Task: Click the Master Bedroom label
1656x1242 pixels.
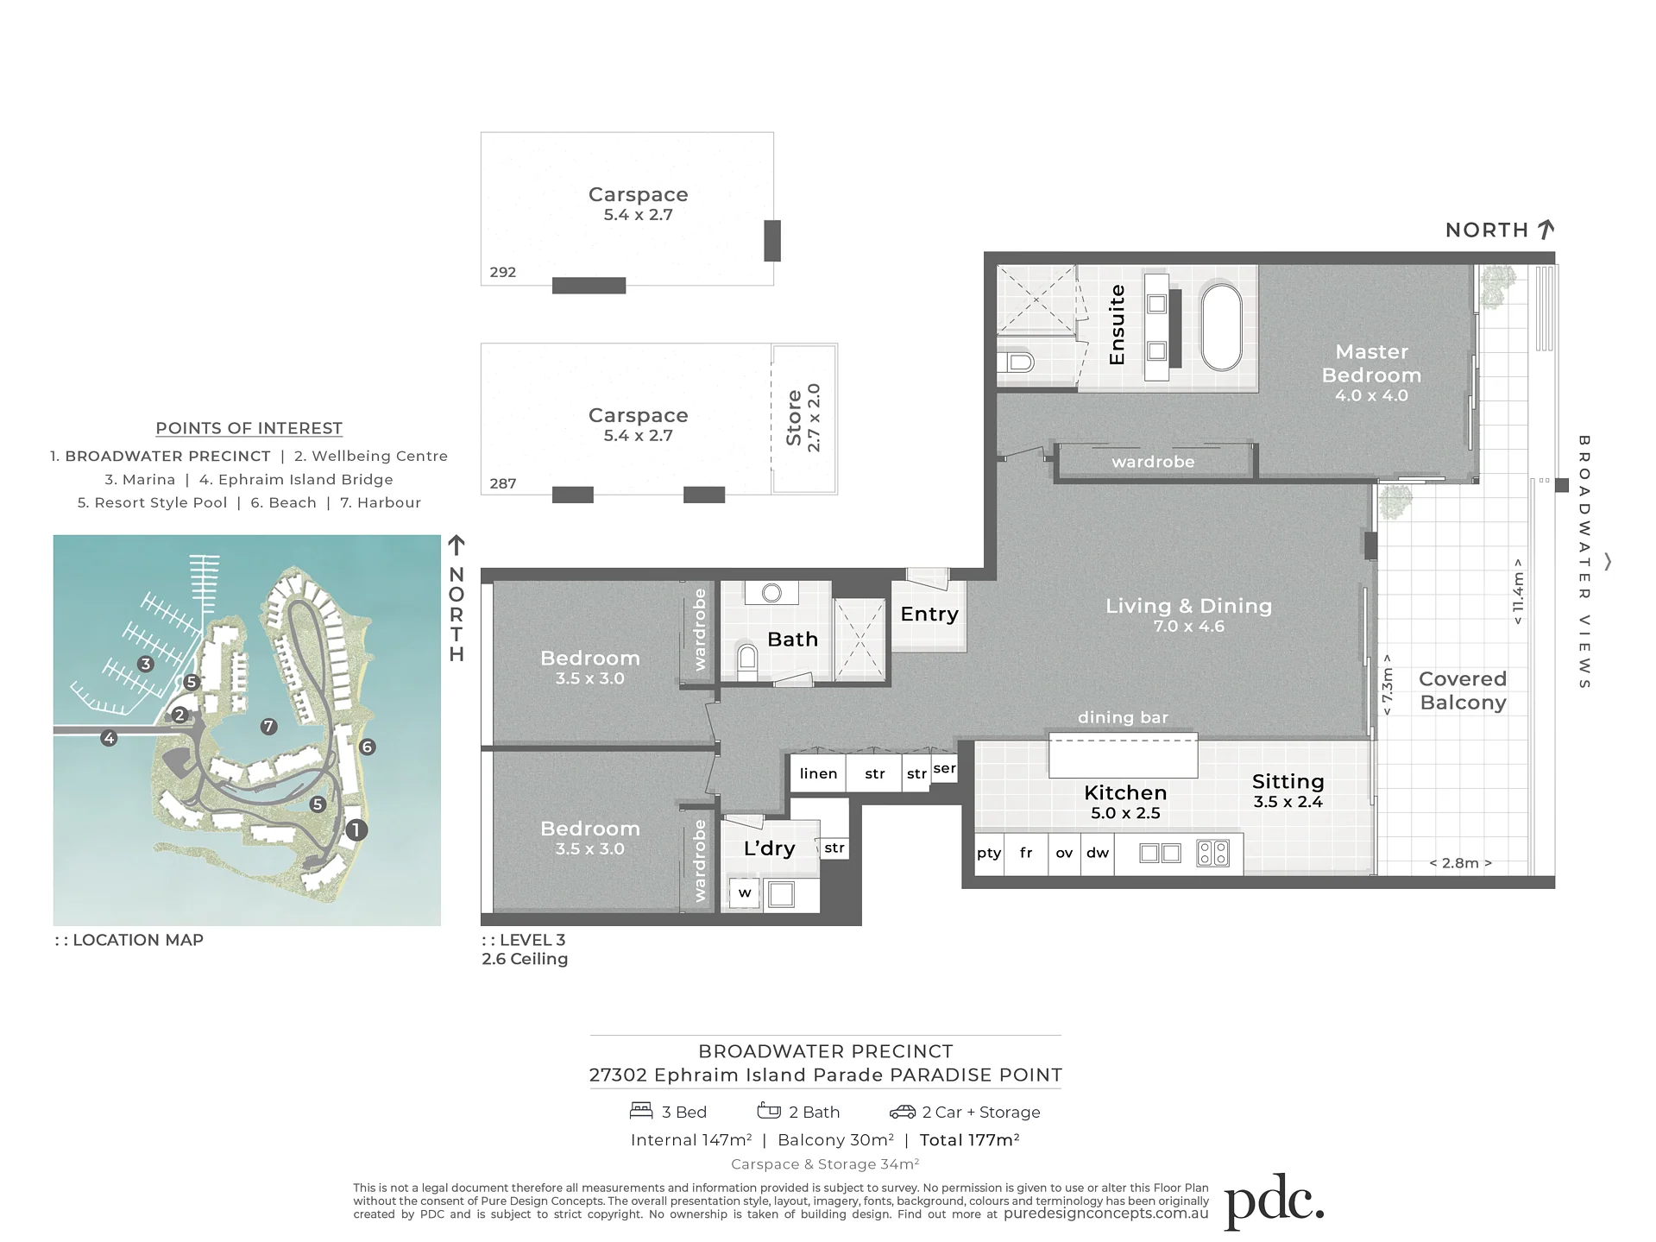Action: coord(1371,363)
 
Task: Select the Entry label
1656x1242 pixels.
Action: coord(929,614)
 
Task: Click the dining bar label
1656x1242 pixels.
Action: coord(1123,717)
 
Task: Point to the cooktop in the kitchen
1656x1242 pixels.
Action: coord(1212,854)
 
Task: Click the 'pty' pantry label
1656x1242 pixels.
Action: coord(989,854)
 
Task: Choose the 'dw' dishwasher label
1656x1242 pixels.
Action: coord(1098,853)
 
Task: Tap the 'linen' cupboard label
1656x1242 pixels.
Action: coord(818,773)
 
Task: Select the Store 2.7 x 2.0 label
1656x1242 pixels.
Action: coord(803,419)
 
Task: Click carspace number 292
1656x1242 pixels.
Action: coord(502,272)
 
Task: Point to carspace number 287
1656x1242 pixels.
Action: coord(502,483)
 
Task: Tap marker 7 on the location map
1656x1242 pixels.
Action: coord(269,727)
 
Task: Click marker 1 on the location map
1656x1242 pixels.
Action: coord(356,830)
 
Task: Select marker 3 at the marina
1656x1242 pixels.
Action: coord(146,664)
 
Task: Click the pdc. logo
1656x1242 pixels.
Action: coord(1274,1201)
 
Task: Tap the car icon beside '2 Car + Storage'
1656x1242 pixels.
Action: coord(903,1112)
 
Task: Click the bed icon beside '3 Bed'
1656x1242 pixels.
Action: coord(641,1110)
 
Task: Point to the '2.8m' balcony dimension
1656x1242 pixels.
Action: coord(1460,862)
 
